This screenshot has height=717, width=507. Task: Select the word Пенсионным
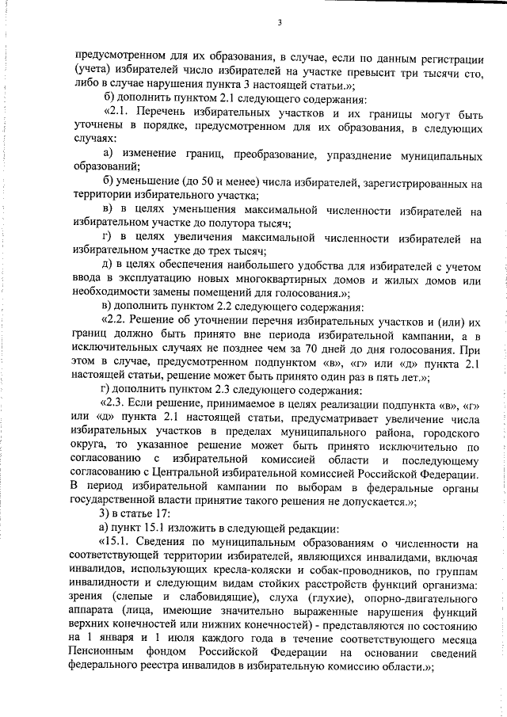tap(108, 654)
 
